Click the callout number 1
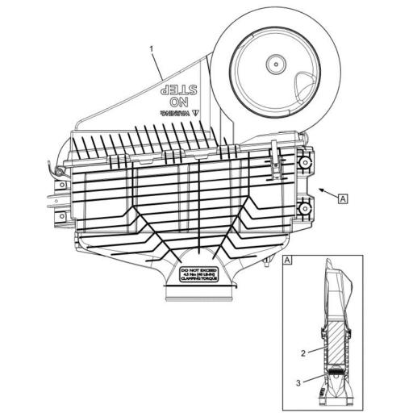click(x=151, y=49)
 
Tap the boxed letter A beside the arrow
click(x=344, y=197)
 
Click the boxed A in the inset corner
click(x=288, y=261)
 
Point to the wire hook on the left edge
click(x=54, y=170)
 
